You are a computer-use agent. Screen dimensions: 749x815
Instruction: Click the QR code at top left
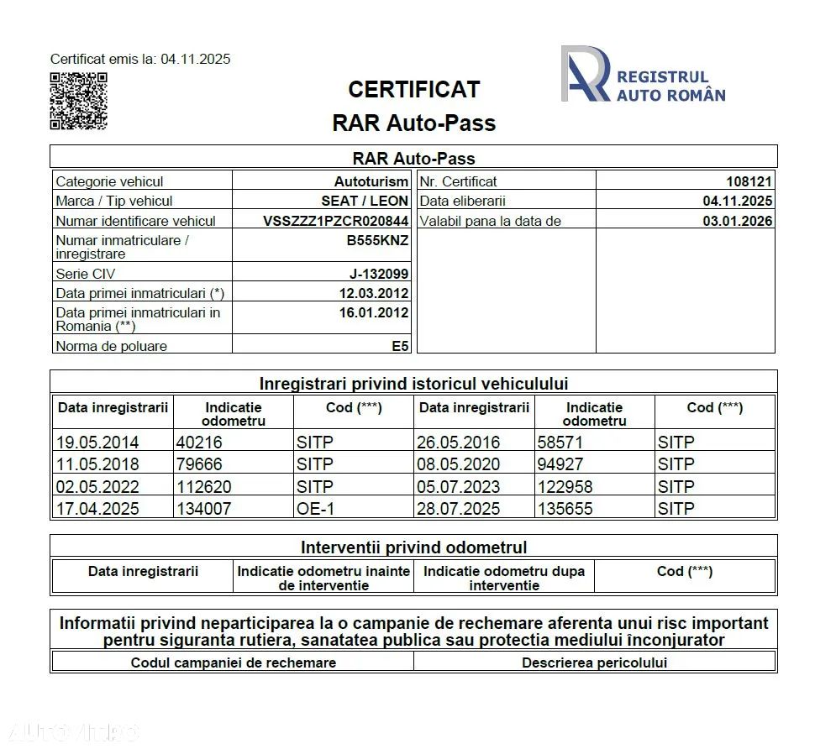click(78, 101)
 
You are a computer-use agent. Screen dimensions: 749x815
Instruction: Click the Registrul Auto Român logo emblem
click(585, 74)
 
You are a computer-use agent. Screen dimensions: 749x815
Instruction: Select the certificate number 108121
click(749, 181)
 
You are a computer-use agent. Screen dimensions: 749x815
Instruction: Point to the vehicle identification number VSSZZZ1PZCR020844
click(336, 221)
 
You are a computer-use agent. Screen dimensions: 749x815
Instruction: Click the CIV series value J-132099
click(379, 274)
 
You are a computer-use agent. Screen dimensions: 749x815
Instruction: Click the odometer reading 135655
click(565, 509)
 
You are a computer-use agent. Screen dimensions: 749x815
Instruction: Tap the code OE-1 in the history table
click(316, 509)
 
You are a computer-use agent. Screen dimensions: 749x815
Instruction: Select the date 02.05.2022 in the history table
click(97, 487)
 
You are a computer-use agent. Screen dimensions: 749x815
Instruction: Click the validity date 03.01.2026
click(738, 221)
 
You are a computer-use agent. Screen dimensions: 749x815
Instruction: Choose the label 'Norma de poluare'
click(111, 346)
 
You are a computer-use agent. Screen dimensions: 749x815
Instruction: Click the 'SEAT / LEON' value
click(365, 202)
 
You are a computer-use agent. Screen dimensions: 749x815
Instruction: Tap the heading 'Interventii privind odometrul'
click(413, 547)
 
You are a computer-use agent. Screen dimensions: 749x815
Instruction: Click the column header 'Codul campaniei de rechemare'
click(233, 663)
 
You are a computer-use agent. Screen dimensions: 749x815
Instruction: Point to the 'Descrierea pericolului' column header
click(594, 663)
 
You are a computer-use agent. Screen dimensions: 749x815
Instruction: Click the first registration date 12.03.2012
click(374, 293)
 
